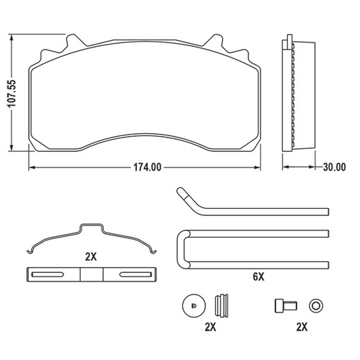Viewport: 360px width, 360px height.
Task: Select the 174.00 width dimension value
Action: coord(145,168)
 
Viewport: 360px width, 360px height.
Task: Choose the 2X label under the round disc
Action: coord(210,326)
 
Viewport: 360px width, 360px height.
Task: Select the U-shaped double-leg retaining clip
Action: coord(252,247)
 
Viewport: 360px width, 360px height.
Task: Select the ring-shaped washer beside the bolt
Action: coord(315,305)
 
